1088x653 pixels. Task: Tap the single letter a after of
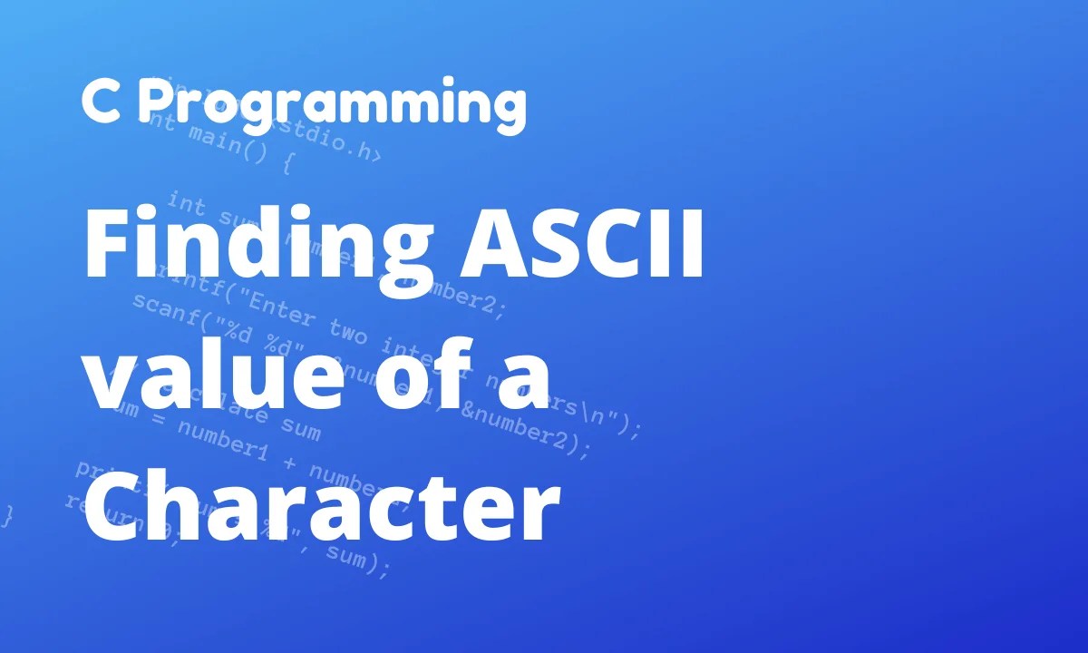click(x=522, y=381)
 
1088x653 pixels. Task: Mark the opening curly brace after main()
click(x=287, y=165)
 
